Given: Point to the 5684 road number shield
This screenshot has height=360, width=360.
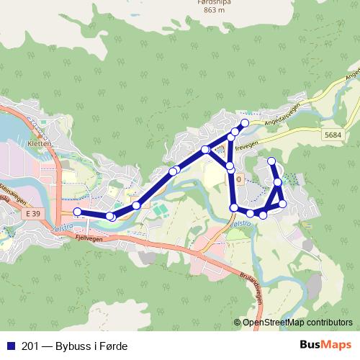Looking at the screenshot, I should click(x=332, y=134).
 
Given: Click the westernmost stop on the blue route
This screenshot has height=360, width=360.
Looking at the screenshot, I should click(x=77, y=212).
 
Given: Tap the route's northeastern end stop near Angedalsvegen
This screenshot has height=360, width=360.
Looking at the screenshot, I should click(x=245, y=123).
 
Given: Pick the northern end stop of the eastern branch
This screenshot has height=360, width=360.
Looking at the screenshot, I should click(x=271, y=161).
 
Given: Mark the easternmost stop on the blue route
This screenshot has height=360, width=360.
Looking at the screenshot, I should click(x=283, y=204).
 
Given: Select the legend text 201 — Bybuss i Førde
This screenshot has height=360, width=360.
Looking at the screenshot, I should click(x=69, y=346).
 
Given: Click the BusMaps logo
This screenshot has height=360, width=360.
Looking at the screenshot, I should click(x=325, y=346).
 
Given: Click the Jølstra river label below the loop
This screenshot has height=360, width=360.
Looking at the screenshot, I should click(x=241, y=225).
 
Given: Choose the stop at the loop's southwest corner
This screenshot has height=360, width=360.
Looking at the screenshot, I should click(x=233, y=208).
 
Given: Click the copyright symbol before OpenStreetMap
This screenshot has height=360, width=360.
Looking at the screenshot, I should click(x=238, y=323).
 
